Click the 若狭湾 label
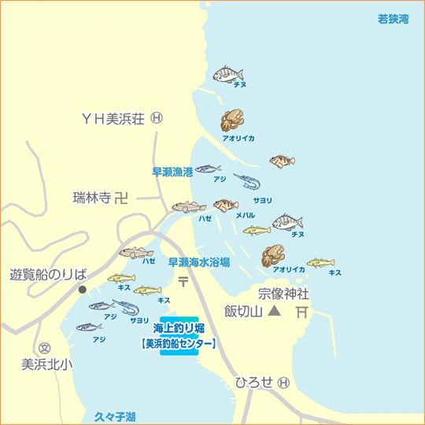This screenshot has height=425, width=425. pos(394,19)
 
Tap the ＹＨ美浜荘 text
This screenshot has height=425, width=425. pos(113,118)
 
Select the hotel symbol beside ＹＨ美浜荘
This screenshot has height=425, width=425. pos(156,118)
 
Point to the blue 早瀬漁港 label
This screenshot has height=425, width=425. pos(172,170)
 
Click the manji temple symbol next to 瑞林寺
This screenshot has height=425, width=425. pos(120,198)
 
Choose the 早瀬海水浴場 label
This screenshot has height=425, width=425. pos(198,263)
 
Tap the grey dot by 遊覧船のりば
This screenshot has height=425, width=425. pos(82,290)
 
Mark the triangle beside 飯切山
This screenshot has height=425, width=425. pos(274,312)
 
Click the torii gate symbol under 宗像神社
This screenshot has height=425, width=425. pos(301,312)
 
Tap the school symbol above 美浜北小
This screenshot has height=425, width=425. pos(44,347)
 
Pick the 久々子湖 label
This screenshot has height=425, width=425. pos(114,416)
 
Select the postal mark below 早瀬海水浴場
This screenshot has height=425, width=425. pos(183,281)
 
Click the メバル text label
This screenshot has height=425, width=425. pos(245,215)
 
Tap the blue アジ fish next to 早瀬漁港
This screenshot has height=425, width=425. pos(209,168)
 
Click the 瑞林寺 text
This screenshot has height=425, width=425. pos(91,198)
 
